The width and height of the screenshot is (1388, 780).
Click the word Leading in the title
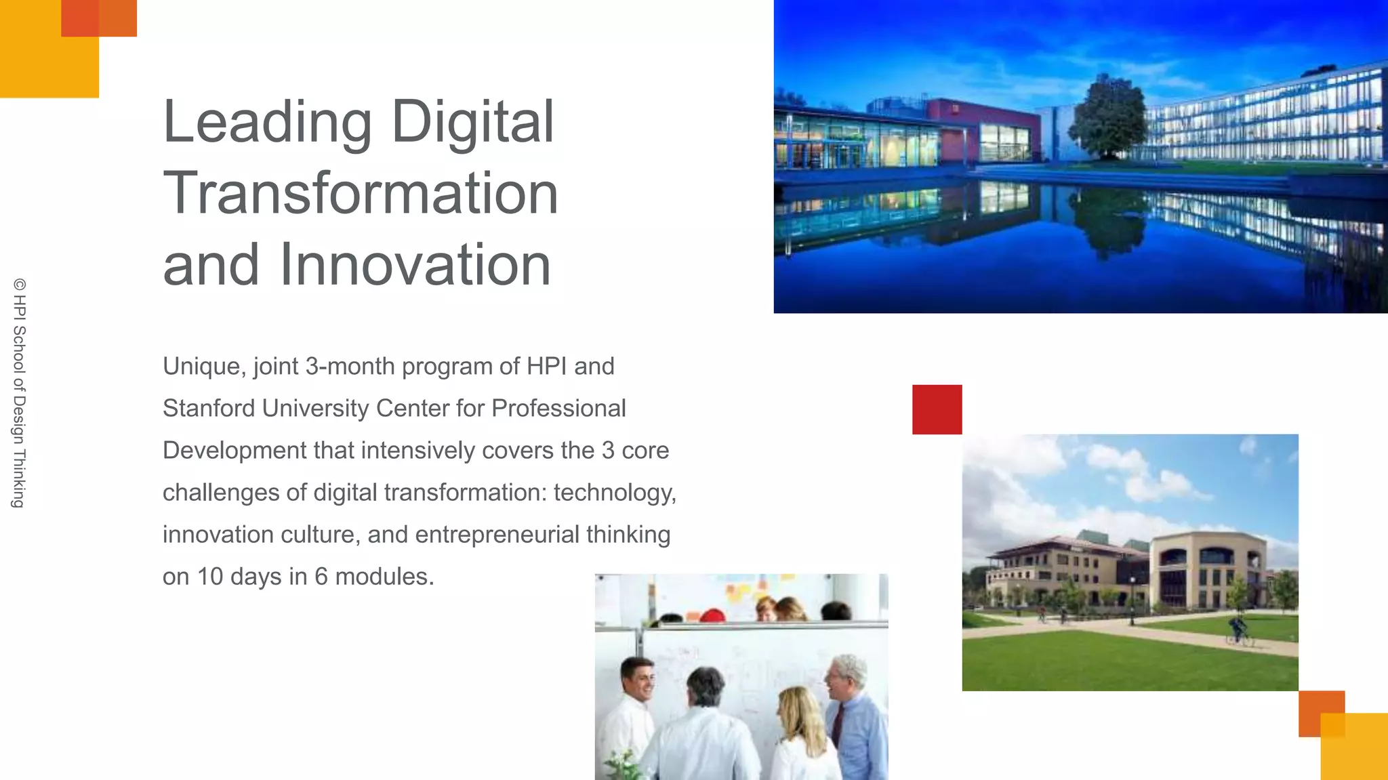tap(267, 122)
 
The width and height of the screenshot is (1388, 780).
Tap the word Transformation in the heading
tap(360, 194)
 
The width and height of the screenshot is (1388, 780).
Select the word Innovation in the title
tap(415, 265)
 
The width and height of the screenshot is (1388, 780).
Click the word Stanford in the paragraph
tap(208, 409)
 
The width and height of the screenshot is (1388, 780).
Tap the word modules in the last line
tap(384, 577)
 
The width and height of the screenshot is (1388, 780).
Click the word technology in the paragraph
tap(614, 493)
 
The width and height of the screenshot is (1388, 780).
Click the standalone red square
tap(937, 409)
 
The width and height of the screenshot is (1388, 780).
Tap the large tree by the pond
tap(1108, 115)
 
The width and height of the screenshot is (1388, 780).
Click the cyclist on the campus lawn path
tap(1239, 630)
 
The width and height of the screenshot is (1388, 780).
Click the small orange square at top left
tap(99, 18)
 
